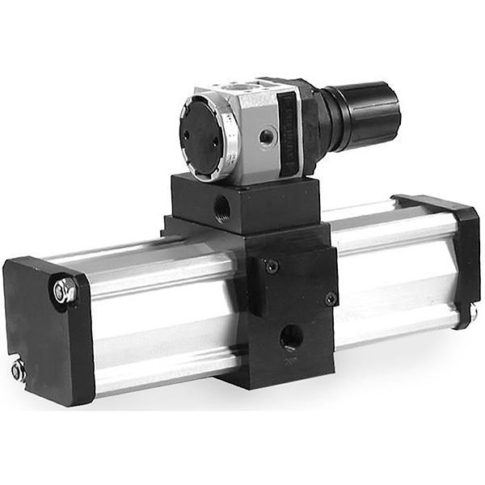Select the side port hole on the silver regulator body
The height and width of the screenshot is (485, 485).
(266, 138)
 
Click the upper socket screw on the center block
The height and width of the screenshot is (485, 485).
(272, 266)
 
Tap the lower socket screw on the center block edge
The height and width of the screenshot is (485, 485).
(331, 298)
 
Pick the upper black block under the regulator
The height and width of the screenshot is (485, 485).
(242, 202)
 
